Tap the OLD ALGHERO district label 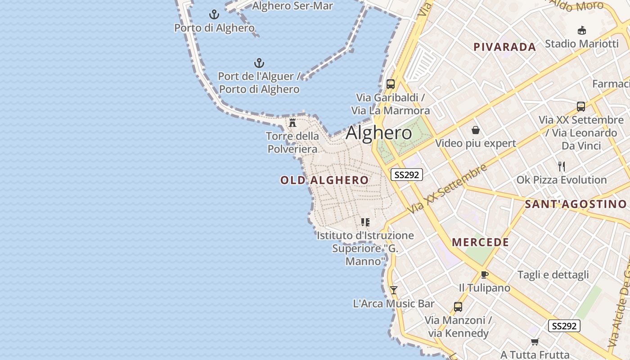tap(324, 180)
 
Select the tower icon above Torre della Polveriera tap(292, 122)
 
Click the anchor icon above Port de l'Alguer tap(259, 63)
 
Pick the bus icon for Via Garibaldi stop tap(391, 84)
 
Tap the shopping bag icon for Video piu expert tap(476, 130)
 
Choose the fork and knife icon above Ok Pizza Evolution tap(561, 166)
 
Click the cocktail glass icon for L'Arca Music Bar tap(394, 290)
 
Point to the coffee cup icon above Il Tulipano tap(485, 274)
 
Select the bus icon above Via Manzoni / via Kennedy tap(458, 307)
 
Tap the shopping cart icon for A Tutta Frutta tap(535, 342)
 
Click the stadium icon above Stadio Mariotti tap(582, 31)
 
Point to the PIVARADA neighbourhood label tap(504, 47)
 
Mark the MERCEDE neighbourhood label tap(481, 242)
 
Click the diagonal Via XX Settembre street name tap(448, 189)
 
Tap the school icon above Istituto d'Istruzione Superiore tap(365, 222)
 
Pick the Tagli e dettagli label tap(553, 275)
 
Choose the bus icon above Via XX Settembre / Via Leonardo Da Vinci tap(581, 107)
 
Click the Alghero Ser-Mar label tap(292, 6)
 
